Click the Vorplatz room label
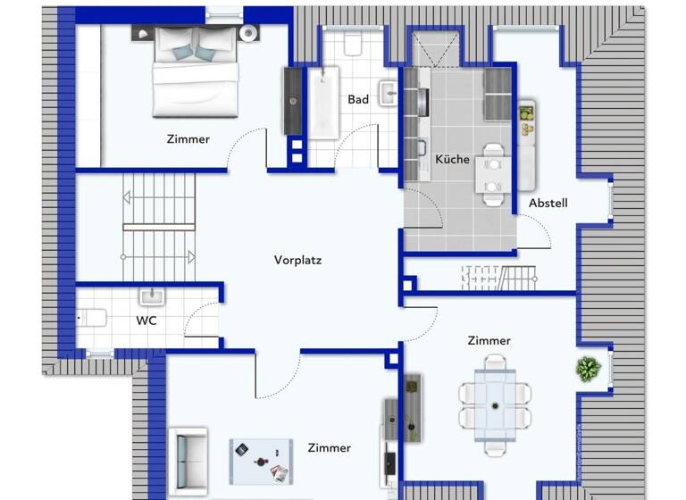point(297,261)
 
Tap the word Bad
point(358,100)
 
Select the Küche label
point(452,160)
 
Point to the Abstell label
point(548,204)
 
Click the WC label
point(146,320)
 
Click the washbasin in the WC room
point(151,296)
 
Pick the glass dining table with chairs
point(495,395)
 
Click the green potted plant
point(587,369)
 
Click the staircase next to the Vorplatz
point(158,226)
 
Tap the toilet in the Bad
point(352,45)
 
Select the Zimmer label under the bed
point(188,139)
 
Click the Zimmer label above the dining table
point(489,341)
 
